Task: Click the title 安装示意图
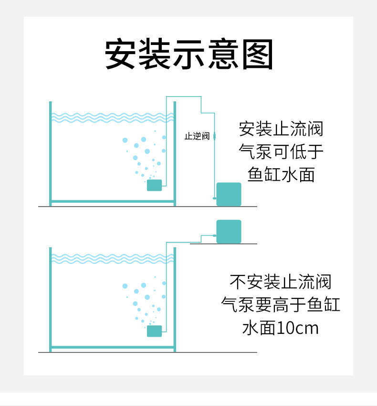(189, 55)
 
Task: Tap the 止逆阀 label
(197, 136)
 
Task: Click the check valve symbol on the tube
(215, 136)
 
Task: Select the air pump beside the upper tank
(229, 194)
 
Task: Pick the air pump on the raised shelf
(229, 231)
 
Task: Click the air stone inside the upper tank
(154, 185)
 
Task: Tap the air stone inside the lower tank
(154, 331)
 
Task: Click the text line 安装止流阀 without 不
(281, 129)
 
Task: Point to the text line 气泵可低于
(281, 152)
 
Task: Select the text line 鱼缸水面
(281, 174)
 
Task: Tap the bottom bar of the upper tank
(113, 201)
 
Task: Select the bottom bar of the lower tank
(113, 347)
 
